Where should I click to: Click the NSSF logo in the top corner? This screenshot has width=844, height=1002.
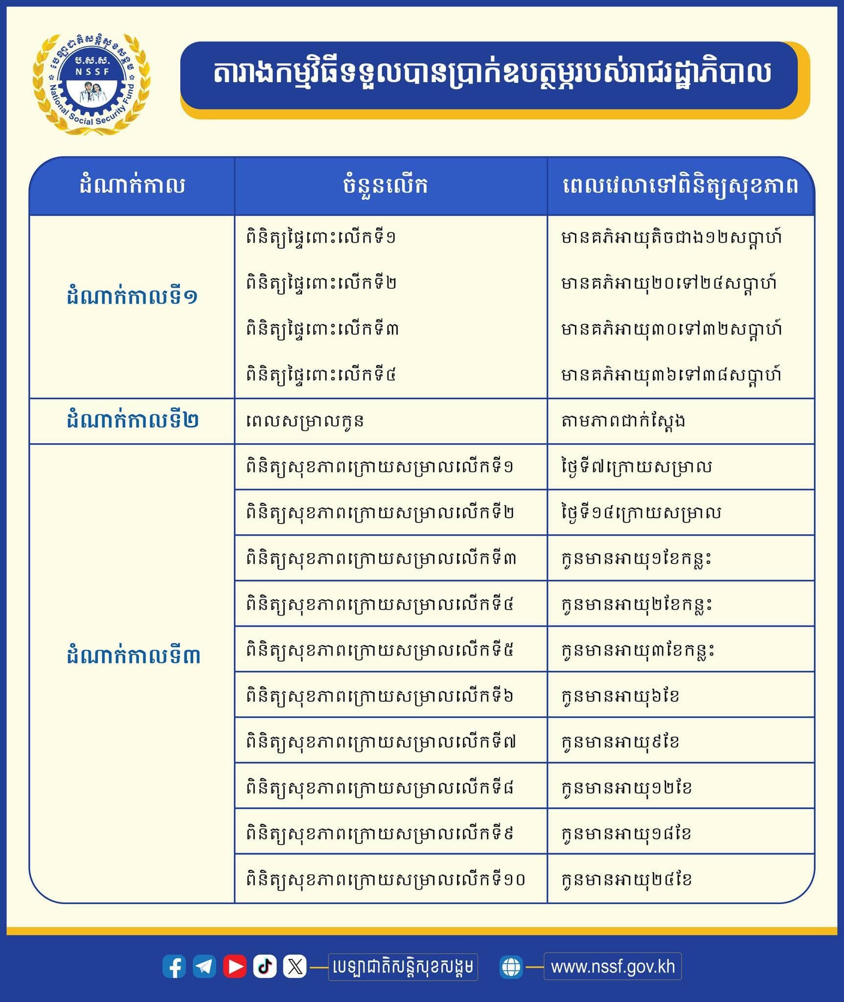click(x=91, y=84)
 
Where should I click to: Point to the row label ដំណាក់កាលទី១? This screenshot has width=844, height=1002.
click(x=132, y=297)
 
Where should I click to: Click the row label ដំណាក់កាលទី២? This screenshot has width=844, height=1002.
click(x=132, y=421)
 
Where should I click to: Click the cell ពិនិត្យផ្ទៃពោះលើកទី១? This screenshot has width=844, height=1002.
click(x=321, y=238)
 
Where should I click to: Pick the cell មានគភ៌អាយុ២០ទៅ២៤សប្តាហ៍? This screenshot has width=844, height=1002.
click(x=669, y=283)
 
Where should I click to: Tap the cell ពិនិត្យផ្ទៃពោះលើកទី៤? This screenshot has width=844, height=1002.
click(x=321, y=375)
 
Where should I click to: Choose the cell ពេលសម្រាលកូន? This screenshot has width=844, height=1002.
click(x=305, y=421)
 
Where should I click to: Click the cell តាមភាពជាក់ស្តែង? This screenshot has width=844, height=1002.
click(x=623, y=421)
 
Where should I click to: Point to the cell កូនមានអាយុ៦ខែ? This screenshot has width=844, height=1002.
click(x=620, y=696)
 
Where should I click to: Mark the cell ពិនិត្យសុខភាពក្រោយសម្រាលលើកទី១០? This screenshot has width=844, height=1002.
click(x=386, y=880)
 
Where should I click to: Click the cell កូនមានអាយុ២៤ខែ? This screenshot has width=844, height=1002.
click(x=626, y=880)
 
